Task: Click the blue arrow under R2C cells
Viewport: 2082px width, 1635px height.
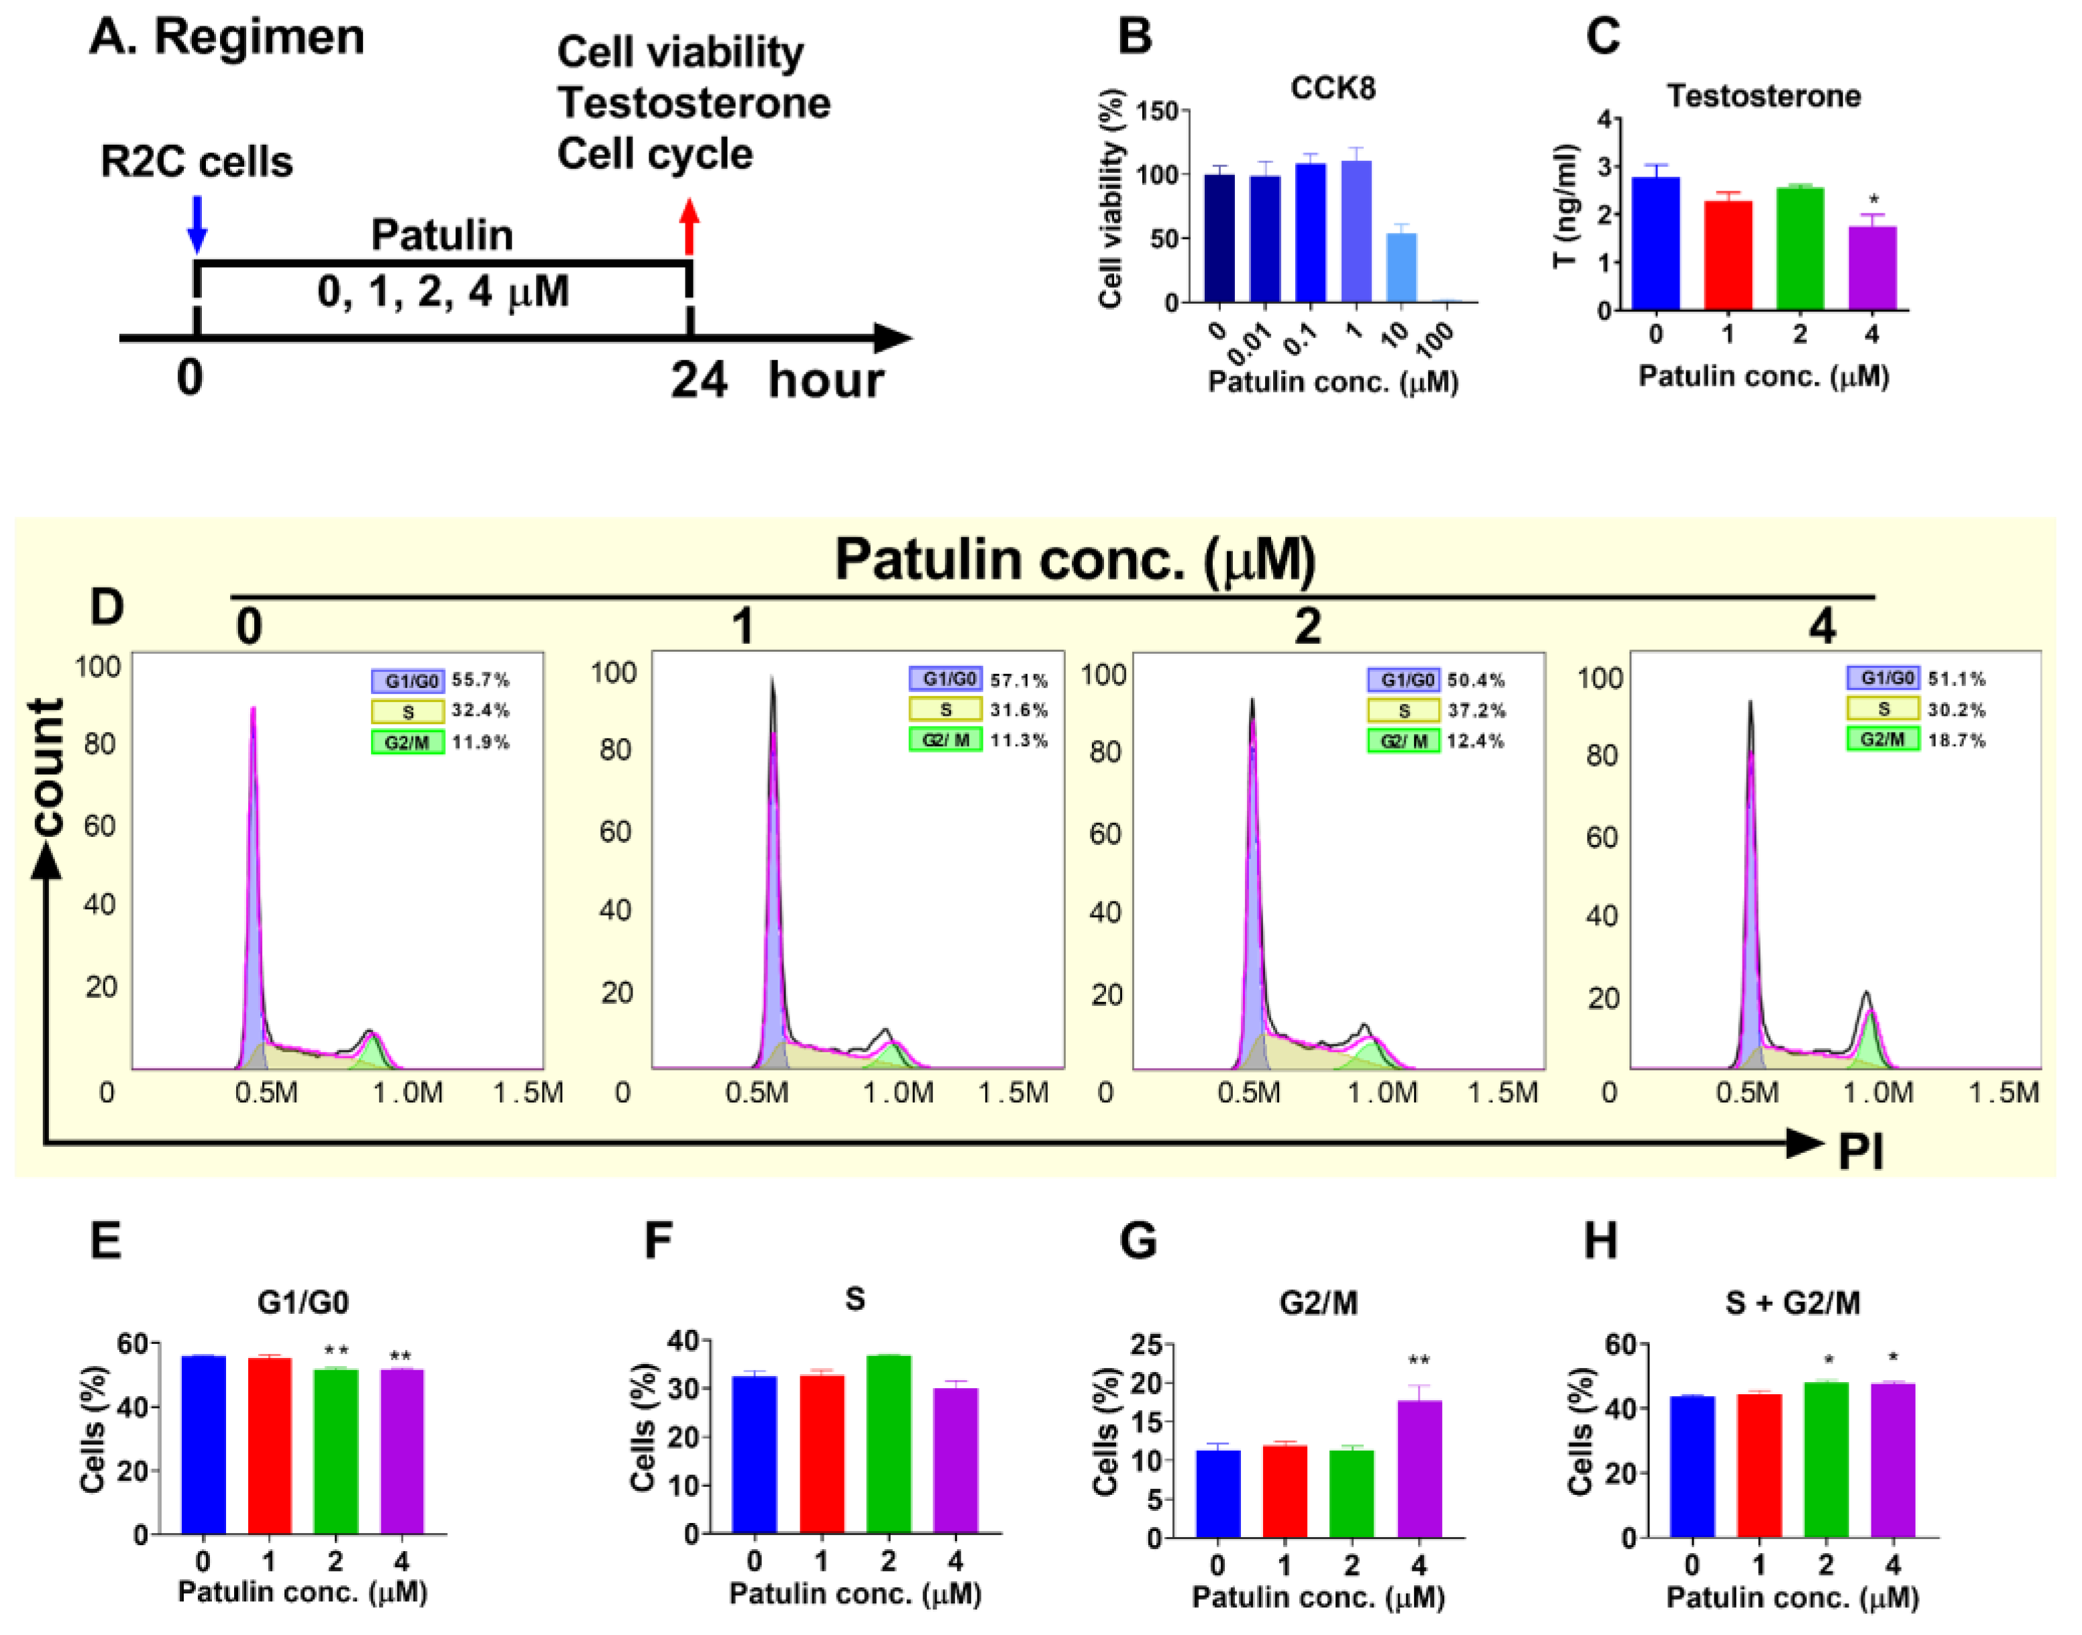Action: (x=197, y=224)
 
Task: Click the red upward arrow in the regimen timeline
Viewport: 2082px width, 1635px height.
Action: (x=690, y=226)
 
